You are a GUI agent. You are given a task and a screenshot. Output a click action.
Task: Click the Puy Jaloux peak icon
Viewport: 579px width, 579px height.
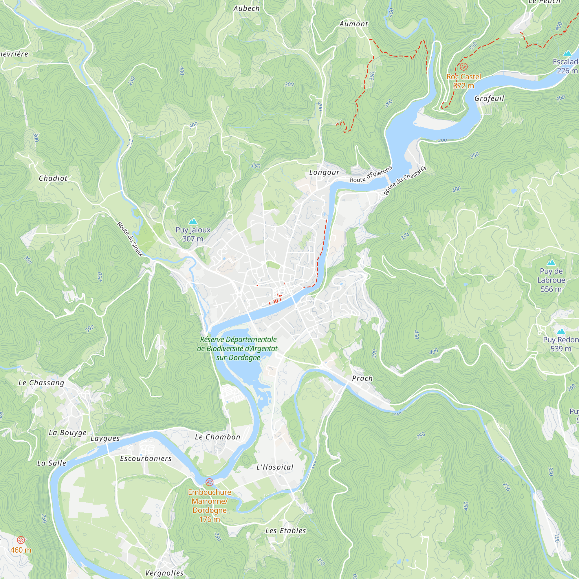click(193, 222)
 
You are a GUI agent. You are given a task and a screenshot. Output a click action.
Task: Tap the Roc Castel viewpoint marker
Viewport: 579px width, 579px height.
click(463, 67)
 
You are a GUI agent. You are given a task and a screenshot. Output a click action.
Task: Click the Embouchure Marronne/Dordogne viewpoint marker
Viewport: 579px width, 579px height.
click(209, 482)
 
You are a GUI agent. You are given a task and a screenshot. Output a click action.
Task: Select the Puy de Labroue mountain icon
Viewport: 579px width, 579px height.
click(551, 263)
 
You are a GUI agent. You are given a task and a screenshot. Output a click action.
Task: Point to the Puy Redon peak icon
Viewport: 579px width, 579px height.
click(561, 331)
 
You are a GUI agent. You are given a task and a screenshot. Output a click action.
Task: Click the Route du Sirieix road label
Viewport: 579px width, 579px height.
click(130, 239)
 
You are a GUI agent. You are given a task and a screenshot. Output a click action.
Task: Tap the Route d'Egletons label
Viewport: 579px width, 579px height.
click(371, 174)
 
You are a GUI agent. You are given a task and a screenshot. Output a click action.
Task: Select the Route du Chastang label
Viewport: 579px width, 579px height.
click(405, 181)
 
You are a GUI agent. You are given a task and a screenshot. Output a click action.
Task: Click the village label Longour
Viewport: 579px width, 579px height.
click(324, 172)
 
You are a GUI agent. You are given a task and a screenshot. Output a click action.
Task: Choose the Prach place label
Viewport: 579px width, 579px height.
click(362, 378)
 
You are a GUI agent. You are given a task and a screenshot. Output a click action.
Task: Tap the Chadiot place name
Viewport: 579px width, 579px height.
click(53, 178)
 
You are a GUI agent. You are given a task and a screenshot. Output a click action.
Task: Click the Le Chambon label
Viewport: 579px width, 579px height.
click(218, 437)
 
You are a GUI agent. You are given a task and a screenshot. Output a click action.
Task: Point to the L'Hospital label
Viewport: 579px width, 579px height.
click(275, 467)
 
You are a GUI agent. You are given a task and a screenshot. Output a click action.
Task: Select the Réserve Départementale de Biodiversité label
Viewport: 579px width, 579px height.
click(238, 349)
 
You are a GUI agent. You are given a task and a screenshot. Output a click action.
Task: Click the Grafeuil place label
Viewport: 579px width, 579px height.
click(489, 98)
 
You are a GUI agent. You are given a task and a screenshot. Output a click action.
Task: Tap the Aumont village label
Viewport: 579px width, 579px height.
click(354, 24)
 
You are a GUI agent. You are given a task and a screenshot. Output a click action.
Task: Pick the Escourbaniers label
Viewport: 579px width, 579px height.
click(146, 459)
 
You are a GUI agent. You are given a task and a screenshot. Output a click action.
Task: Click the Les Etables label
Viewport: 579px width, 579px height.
click(286, 531)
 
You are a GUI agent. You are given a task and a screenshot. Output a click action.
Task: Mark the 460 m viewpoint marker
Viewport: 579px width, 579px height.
click(21, 540)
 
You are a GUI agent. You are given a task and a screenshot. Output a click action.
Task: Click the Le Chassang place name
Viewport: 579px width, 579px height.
click(41, 383)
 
